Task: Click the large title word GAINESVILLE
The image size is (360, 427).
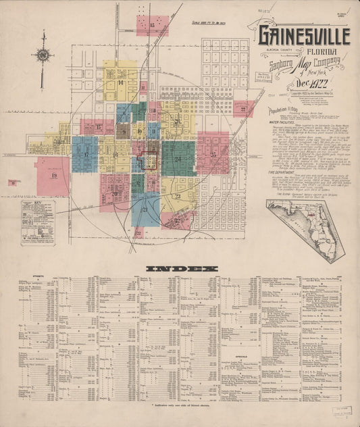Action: (x=303, y=36)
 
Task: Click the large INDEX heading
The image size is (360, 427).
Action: (x=182, y=268)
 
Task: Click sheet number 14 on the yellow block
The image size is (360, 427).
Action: (x=120, y=83)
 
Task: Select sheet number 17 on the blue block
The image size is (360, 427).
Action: (x=86, y=154)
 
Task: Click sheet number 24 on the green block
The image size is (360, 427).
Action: (x=178, y=159)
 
